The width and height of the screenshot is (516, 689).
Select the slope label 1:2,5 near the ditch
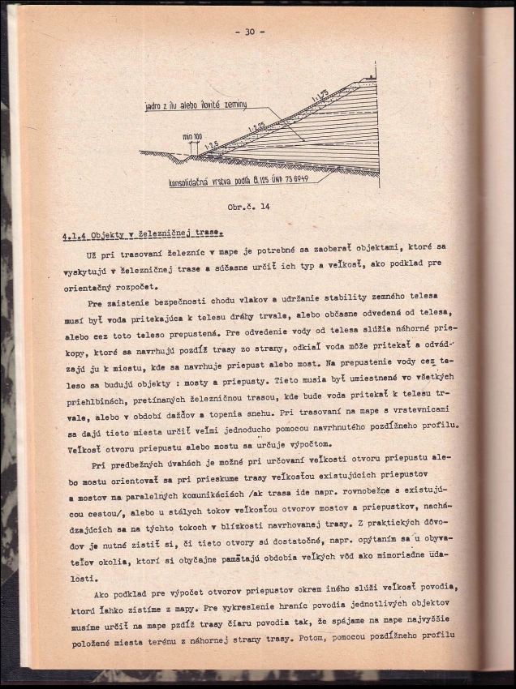point(213,145)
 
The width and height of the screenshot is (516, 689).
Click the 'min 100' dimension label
point(192,136)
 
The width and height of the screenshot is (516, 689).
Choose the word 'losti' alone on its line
point(80,579)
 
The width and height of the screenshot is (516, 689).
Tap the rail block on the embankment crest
point(371,78)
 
